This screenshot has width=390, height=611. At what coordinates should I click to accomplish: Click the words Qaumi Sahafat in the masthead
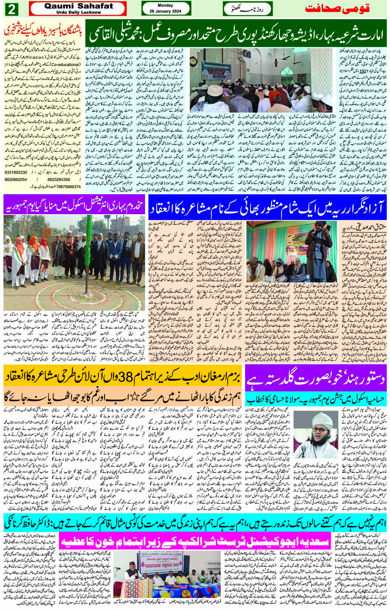[78, 6]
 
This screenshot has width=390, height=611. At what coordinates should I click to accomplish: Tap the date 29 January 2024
[166, 10]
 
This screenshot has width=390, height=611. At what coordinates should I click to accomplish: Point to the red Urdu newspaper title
[337, 8]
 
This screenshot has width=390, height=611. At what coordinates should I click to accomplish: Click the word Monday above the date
[166, 5]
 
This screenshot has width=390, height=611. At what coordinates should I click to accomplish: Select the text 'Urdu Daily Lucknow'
[78, 12]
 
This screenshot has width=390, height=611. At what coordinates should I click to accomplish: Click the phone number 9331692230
[16, 172]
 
